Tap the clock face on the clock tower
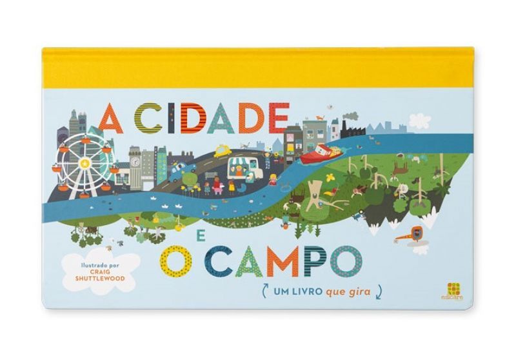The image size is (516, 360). coord(137,163)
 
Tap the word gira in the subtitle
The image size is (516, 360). coord(359,291)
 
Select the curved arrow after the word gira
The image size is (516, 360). coord(379,292)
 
